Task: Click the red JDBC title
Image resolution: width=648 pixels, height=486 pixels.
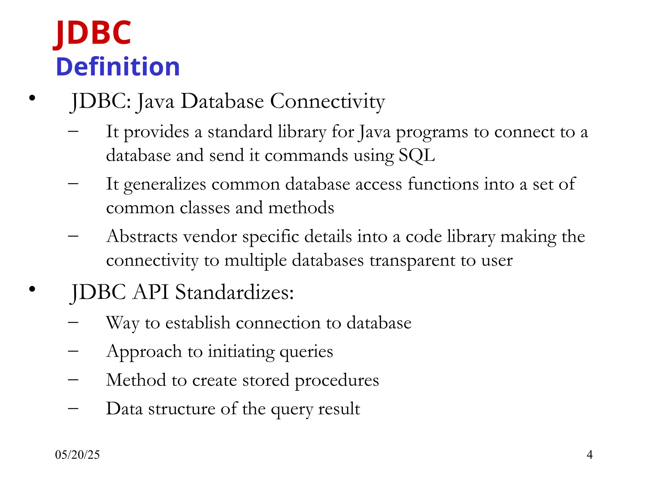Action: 92,33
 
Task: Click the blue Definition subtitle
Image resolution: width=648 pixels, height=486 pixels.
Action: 118,67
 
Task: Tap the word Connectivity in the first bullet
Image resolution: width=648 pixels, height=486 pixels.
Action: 327,102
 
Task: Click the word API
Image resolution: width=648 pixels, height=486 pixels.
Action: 151,292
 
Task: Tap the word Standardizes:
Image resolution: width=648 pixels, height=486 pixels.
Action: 234,292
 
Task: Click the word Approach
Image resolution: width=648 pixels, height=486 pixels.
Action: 144,352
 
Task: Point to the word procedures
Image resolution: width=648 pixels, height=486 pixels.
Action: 337,380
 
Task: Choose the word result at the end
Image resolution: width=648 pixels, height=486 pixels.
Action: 339,409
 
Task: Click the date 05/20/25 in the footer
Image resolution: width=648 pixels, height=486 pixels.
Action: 77,455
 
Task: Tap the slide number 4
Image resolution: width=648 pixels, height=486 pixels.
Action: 589,455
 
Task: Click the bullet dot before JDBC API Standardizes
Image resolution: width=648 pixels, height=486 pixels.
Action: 32,289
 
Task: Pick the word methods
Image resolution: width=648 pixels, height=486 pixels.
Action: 301,208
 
